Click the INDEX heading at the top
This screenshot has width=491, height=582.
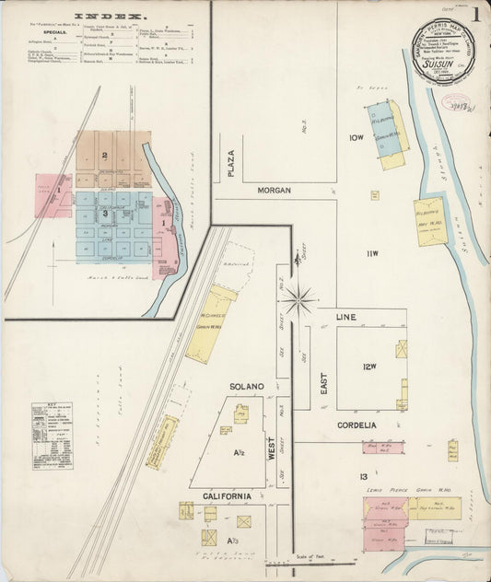(x=110, y=16)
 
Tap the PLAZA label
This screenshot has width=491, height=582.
(x=231, y=163)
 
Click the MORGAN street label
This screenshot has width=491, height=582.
(x=275, y=190)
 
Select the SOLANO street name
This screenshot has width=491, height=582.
(x=248, y=386)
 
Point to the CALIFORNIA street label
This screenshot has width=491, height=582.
(x=227, y=496)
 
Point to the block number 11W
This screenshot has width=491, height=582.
(x=371, y=253)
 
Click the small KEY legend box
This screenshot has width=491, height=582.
(x=51, y=425)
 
